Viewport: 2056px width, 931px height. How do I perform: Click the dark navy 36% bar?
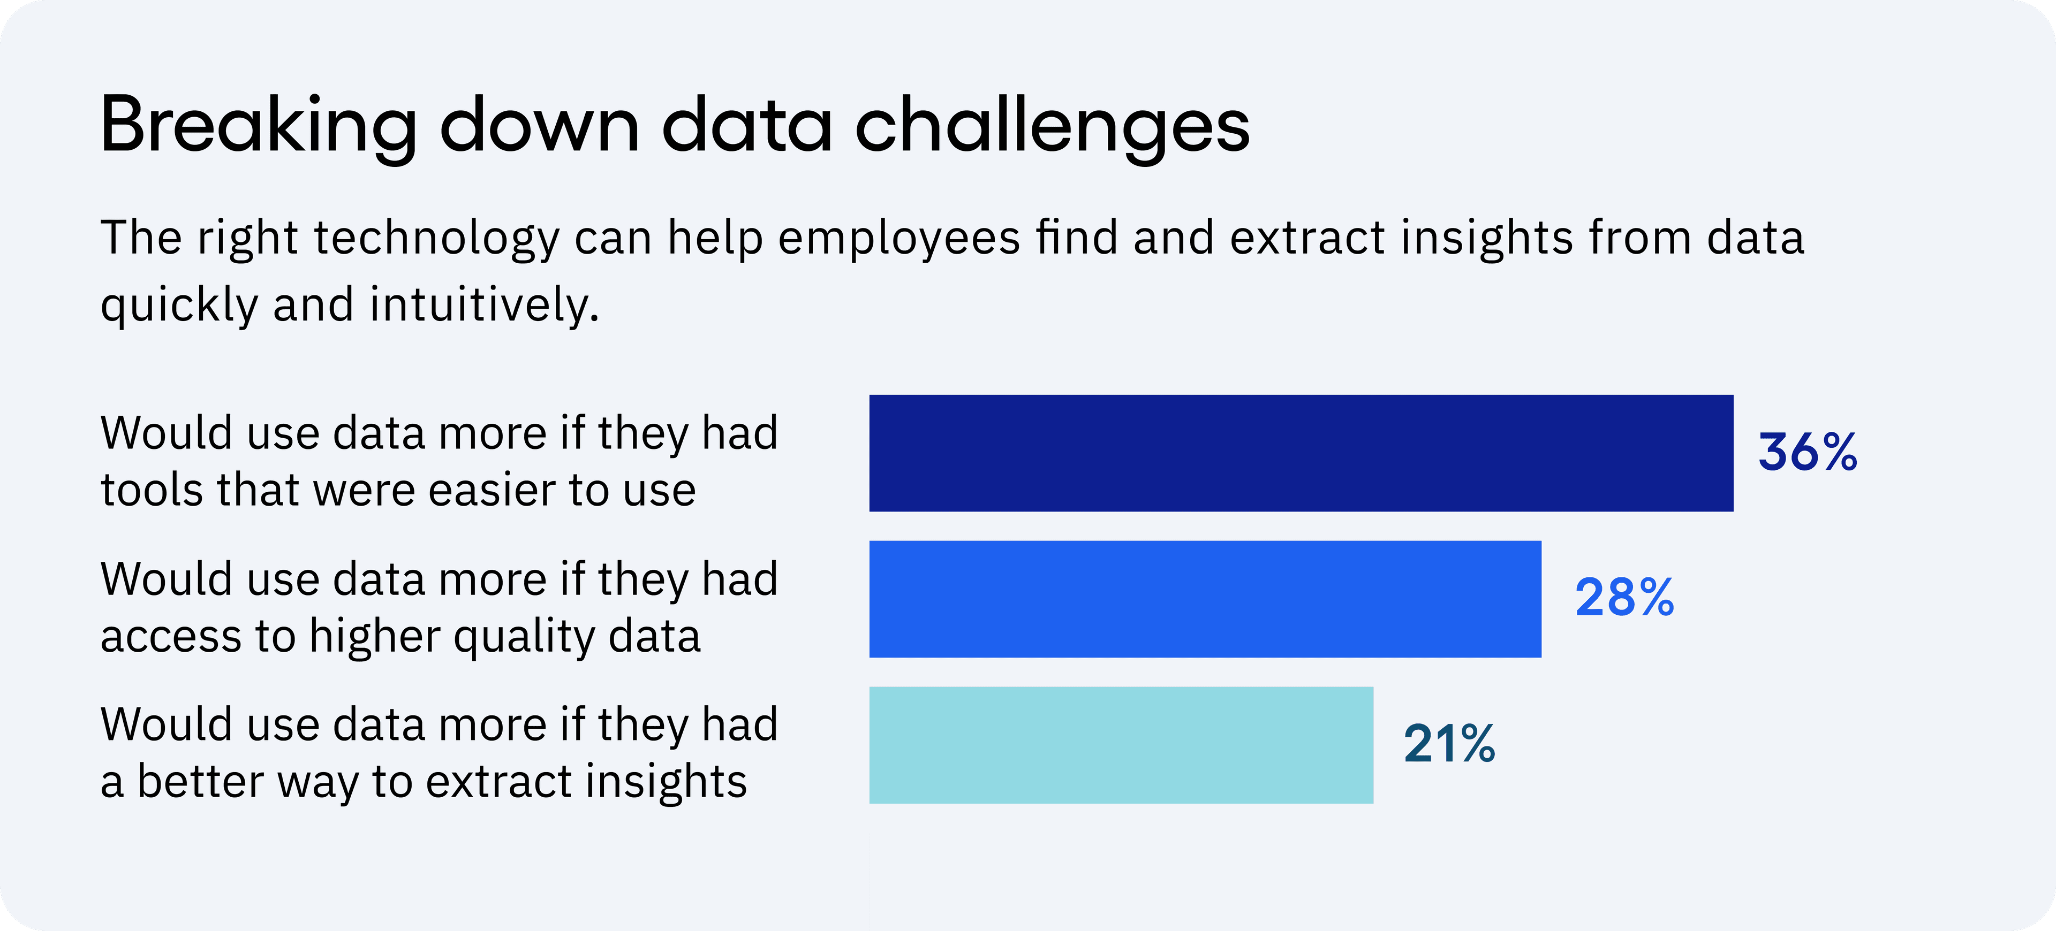[x=1301, y=453]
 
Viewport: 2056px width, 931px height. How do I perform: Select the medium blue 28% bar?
[x=1205, y=599]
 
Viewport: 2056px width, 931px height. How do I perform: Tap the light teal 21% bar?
[x=1121, y=745]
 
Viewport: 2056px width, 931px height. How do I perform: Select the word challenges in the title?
[x=1052, y=126]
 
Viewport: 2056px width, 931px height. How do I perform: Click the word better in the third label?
[x=200, y=781]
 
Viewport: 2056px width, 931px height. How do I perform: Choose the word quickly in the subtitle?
[x=179, y=306]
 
